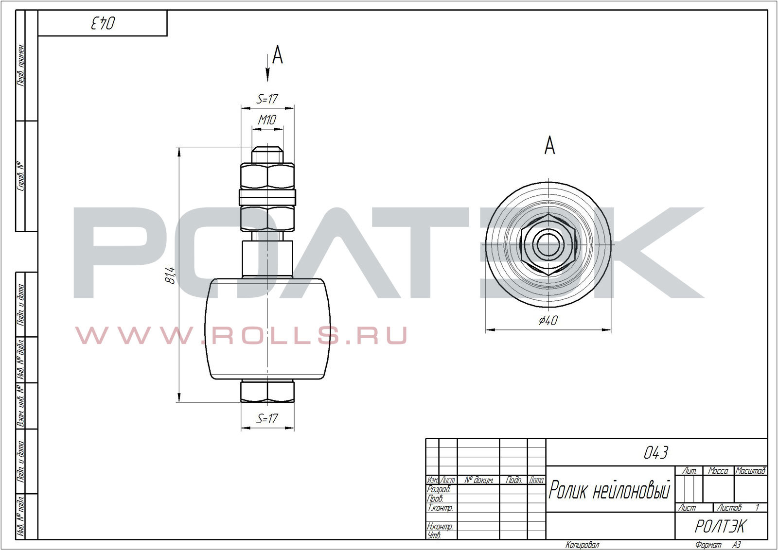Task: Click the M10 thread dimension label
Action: (267, 120)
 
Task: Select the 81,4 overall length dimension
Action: (170, 275)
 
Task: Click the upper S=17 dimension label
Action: (267, 99)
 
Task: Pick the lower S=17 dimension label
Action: (267, 418)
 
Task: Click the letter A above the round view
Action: (549, 145)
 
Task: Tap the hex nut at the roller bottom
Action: (267, 391)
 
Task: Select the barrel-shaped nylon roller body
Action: (267, 328)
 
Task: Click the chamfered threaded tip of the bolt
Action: (267, 155)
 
